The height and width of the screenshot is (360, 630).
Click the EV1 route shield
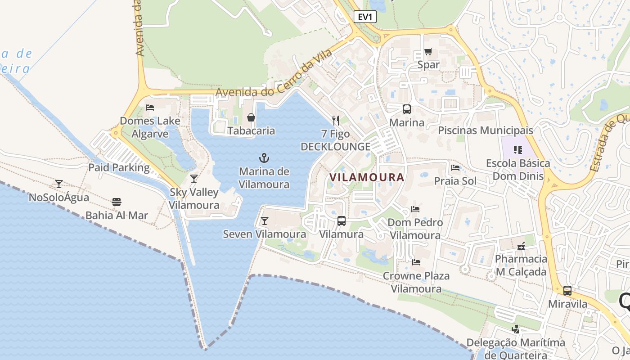[x=365, y=17]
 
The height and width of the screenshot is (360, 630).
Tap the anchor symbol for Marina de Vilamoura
[x=264, y=157]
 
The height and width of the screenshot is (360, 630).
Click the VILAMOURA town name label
[x=367, y=177]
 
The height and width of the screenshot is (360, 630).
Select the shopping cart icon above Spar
[x=428, y=52]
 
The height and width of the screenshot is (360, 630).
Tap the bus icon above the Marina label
[x=406, y=109]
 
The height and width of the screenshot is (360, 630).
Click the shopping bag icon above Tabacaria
[x=251, y=117]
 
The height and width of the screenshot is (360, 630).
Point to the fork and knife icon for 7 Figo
[x=335, y=120]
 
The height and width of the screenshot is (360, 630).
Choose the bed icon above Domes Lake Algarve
[x=150, y=108]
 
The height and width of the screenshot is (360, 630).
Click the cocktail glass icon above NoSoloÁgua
[x=58, y=184]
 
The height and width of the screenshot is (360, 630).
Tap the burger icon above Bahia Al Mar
[x=117, y=202]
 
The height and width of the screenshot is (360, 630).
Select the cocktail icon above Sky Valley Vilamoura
[x=193, y=179]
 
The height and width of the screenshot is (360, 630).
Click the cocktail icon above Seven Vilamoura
[x=264, y=221]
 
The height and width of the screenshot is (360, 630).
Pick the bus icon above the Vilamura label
[x=342, y=221]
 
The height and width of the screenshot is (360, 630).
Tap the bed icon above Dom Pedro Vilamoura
[x=415, y=209]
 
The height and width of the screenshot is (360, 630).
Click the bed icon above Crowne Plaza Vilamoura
[x=416, y=262]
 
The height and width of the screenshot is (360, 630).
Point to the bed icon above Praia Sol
[x=455, y=168]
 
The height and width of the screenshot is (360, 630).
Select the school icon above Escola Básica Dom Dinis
[x=517, y=150]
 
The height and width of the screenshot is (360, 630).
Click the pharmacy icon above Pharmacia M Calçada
[x=521, y=246]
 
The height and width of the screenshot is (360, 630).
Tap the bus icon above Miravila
[x=567, y=291]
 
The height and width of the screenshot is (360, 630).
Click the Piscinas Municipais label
[x=486, y=130]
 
